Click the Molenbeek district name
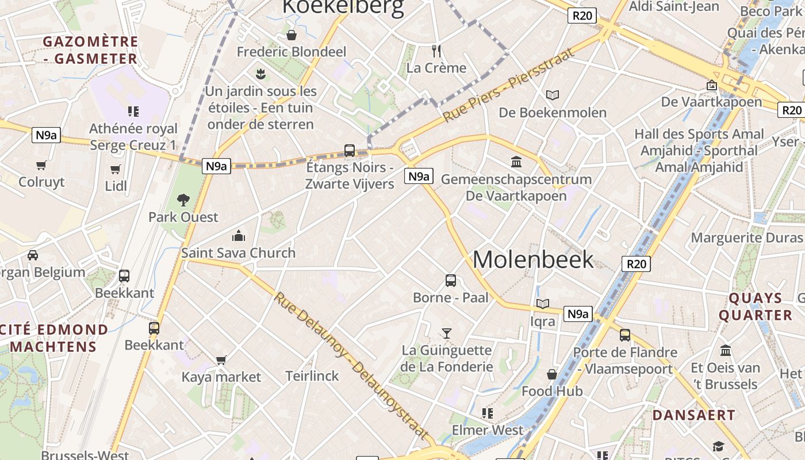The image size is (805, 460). (x=533, y=259)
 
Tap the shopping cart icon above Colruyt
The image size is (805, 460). (x=41, y=166)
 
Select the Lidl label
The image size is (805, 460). (x=116, y=186)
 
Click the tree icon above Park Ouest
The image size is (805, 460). (x=183, y=200)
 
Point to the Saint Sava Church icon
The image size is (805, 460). (x=238, y=236)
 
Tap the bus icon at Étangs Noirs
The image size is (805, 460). (x=349, y=151)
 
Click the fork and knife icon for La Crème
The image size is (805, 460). (x=436, y=51)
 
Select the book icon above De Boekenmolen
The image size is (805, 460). (x=553, y=95)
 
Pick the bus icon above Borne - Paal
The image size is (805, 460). (x=451, y=281)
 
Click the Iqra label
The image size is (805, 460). (x=542, y=321)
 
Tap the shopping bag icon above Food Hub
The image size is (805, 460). (x=552, y=375)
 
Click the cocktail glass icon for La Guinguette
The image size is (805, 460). (x=446, y=333)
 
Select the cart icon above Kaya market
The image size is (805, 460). (x=221, y=360)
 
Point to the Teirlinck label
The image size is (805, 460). (x=312, y=376)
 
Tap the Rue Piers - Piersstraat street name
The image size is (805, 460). (x=508, y=86)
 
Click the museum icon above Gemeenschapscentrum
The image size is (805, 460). (x=516, y=162)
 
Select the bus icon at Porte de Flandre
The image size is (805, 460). (x=625, y=335)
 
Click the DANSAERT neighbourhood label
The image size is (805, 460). (x=693, y=415)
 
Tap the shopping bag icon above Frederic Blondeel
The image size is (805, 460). (x=292, y=35)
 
